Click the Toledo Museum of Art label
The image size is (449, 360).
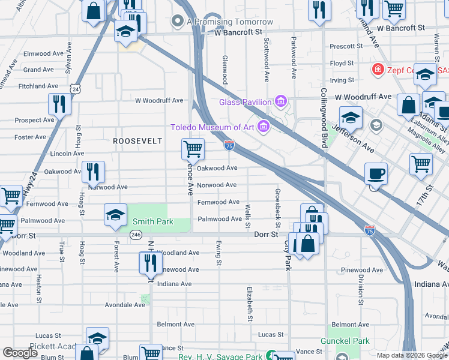pos(212,127)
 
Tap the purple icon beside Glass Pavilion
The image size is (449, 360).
pos(280,101)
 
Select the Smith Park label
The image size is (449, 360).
pos(152,221)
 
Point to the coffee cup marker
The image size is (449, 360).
pos(376,173)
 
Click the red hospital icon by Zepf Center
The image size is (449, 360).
pos(378,70)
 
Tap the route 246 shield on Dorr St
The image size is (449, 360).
pos(137,235)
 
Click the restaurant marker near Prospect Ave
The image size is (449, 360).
pos(59,104)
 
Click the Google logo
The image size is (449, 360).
pos(20,353)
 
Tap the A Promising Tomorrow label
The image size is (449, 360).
pos(231,22)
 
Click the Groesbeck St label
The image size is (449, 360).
pos(277,208)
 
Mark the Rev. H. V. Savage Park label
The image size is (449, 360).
pos(220,356)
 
